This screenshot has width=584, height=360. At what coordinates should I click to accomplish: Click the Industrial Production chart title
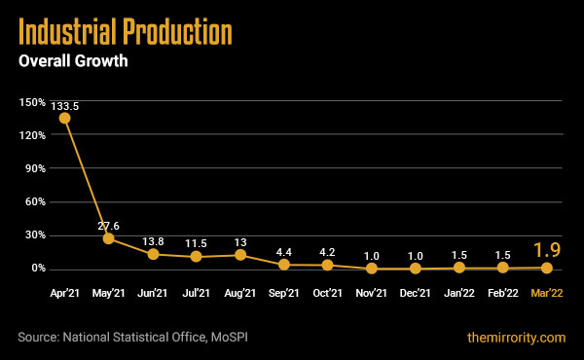coord(126,33)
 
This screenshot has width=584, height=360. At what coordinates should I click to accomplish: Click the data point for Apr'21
coord(65,118)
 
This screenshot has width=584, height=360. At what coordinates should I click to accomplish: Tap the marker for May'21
coord(109,238)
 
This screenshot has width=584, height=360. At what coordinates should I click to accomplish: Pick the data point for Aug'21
coord(240,255)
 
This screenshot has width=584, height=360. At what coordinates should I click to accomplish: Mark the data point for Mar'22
coord(547,268)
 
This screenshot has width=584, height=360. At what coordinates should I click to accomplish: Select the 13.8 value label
coord(153,239)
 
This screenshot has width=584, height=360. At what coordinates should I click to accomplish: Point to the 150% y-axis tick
coord(31,102)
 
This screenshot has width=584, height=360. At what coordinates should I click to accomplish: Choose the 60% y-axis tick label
coord(34,201)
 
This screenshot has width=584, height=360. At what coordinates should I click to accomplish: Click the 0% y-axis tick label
coord(37,269)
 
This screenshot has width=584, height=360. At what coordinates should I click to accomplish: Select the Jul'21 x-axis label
coord(197,292)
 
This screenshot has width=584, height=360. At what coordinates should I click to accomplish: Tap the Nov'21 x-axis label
coord(372,292)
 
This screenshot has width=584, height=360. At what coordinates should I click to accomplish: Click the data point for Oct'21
coord(328,265)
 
